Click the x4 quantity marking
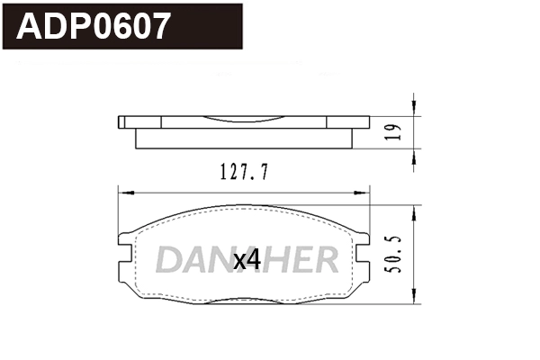[246, 261]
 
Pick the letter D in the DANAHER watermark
[168, 260]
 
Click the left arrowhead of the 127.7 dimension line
[124, 191]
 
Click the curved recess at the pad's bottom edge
[244, 300]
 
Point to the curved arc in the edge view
[244, 121]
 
